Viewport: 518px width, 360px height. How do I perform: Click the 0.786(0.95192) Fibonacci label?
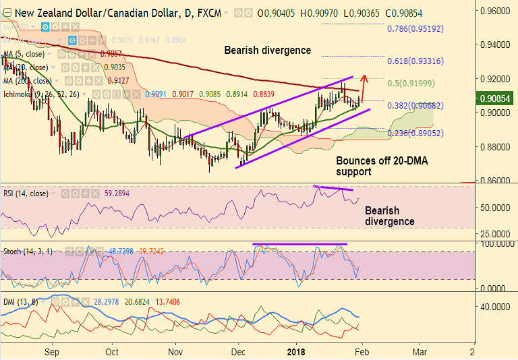click(x=415, y=30)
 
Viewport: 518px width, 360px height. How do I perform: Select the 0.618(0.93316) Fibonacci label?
click(x=415, y=61)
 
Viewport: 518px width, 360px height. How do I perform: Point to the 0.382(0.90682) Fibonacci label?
click(x=415, y=106)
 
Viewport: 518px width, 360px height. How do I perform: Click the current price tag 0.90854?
click(x=496, y=99)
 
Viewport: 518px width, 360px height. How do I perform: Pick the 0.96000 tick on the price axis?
click(x=495, y=11)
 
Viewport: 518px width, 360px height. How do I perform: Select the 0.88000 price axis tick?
click(x=495, y=147)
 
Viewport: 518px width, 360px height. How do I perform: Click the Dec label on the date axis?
click(x=238, y=352)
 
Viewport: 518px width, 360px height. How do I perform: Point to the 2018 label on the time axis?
click(x=297, y=352)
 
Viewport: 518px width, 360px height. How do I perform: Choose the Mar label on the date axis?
click(x=420, y=352)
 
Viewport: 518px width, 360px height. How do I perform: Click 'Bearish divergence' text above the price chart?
click(x=267, y=51)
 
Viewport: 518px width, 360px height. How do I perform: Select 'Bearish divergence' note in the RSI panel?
click(x=390, y=216)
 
